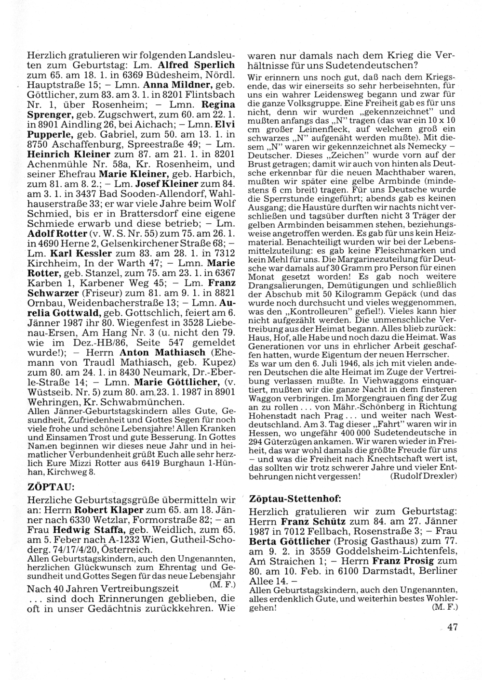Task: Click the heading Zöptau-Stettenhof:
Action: pyautogui.click(x=295, y=498)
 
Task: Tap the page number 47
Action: pyautogui.click(x=452, y=627)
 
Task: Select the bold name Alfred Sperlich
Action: pyautogui.click(x=201, y=65)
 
